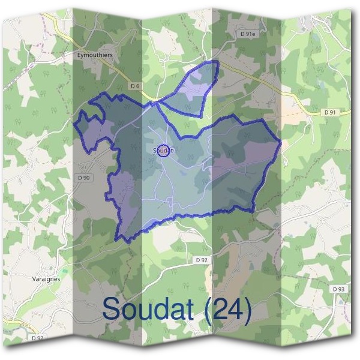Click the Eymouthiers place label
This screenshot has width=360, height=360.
95,55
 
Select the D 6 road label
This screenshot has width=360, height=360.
135,86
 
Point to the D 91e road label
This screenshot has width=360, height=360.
248,34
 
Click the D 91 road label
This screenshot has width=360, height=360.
330,112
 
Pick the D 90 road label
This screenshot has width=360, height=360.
83,178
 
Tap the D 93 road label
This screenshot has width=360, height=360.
338,289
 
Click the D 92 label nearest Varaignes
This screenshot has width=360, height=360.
37,338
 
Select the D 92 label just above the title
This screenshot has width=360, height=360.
202,260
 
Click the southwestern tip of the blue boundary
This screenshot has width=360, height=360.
124,241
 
